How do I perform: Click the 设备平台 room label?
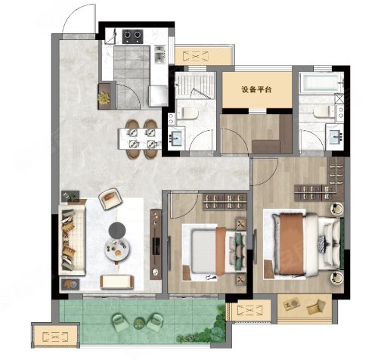(x=256, y=89)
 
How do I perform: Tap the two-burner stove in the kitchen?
(x=132, y=36)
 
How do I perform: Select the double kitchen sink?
(x=160, y=54)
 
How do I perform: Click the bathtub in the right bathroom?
(x=321, y=82)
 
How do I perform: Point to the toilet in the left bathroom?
(x=187, y=113)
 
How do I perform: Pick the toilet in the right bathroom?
(x=324, y=112)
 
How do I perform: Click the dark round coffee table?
(x=117, y=230)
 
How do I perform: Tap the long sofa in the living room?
(x=72, y=240)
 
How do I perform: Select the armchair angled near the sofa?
(x=110, y=199)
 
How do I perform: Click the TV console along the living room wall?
(x=156, y=244)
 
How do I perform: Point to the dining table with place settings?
(x=140, y=139)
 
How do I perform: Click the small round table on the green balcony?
(x=139, y=322)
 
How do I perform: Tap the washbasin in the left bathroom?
(x=176, y=138)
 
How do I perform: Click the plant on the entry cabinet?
(x=104, y=98)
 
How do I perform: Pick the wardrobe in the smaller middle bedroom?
(x=225, y=202)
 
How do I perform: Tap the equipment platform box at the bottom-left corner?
(x=55, y=336)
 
